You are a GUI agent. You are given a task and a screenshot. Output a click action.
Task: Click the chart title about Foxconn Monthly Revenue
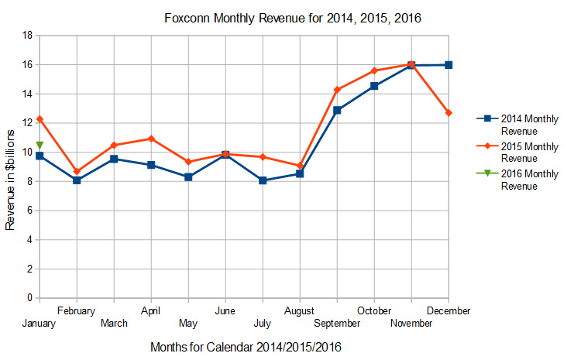point(293,18)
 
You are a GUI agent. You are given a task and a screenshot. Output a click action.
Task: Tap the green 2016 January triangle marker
point(40,145)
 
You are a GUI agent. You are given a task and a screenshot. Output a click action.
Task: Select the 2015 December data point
point(449,113)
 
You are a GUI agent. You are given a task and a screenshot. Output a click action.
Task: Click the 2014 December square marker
point(449,65)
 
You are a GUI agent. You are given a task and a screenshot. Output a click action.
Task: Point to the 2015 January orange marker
point(40,119)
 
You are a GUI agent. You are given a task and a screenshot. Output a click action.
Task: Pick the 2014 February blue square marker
point(77,180)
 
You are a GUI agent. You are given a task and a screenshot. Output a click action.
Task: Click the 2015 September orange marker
point(337,90)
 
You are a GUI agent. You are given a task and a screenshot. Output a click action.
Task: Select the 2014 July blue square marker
point(263,180)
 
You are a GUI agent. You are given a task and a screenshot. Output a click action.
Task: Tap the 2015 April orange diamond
point(151,139)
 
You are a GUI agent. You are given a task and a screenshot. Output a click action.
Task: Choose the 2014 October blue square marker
point(374,86)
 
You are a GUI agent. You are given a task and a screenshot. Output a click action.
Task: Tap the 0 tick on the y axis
point(29,298)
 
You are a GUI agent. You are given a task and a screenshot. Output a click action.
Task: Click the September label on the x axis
point(337,323)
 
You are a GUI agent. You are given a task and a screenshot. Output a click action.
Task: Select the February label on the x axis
point(77,311)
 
